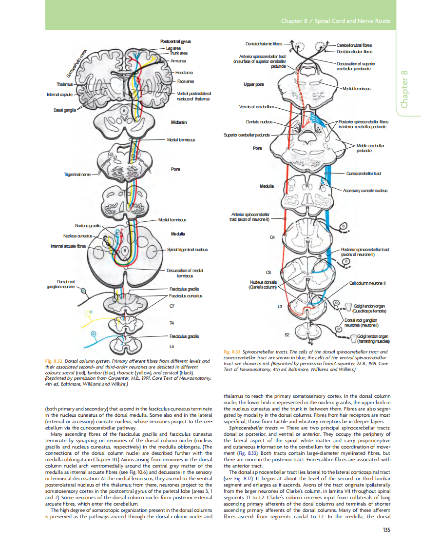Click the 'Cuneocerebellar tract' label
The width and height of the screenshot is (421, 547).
[363, 173]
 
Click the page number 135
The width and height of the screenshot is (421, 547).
[386, 529]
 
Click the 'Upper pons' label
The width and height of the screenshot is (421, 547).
[253, 84]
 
